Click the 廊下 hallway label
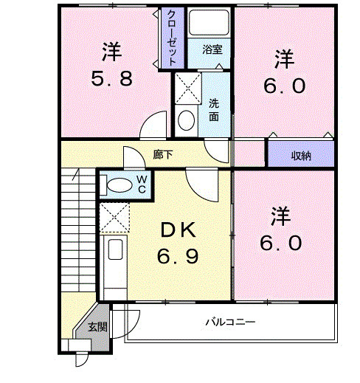point(164,155)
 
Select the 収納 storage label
point(300,155)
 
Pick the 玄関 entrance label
point(97,327)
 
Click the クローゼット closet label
point(170,38)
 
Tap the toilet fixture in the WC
point(118,184)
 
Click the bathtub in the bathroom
point(210,24)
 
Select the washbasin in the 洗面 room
point(187,119)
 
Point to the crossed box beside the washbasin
point(187,89)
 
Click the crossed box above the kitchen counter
point(114,218)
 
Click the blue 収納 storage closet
point(300,154)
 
